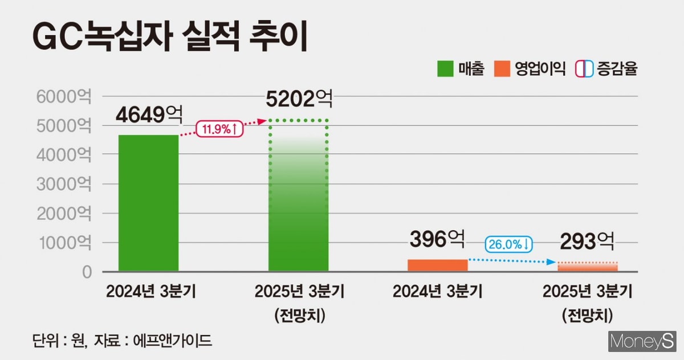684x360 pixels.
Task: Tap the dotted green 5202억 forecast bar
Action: (299, 197)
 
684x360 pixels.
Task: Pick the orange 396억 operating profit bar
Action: (437, 265)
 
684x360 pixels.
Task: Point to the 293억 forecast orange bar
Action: (588, 267)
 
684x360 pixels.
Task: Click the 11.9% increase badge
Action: (220, 129)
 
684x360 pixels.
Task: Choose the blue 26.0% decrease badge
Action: (509, 244)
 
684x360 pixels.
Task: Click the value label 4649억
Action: (149, 116)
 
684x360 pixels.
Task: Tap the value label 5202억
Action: (299, 100)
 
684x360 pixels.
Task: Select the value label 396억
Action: (437, 239)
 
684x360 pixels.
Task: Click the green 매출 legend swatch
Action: (445, 69)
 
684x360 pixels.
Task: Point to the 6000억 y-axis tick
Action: (63, 96)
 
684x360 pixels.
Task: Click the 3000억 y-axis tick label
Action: (63, 183)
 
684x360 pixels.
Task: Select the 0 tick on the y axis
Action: (86, 272)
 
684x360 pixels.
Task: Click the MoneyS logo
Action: (641, 341)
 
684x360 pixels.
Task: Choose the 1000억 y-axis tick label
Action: (63, 243)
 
